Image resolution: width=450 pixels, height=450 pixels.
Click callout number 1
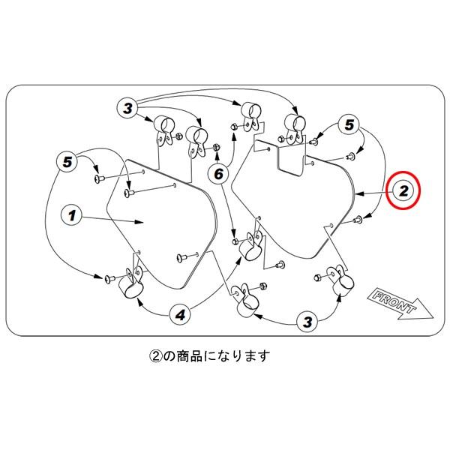click(72, 215)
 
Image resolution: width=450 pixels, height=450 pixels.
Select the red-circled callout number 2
click(403, 190)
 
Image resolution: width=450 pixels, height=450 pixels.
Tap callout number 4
click(180, 316)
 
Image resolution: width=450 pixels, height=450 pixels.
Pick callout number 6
click(219, 174)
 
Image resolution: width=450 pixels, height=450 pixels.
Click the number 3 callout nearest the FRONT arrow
click(307, 322)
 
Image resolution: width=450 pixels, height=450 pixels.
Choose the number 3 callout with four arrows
click(127, 109)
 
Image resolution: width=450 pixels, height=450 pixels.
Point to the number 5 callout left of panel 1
click(67, 162)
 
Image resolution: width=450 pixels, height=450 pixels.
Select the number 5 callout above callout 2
click(349, 125)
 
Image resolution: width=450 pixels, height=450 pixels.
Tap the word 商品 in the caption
click(189, 356)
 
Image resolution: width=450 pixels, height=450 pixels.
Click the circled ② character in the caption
click(156, 356)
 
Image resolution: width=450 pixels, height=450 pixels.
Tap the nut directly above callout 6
click(217, 148)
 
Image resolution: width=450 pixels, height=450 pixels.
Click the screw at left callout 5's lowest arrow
click(109, 278)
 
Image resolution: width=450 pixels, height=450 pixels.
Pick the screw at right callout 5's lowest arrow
click(358, 220)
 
